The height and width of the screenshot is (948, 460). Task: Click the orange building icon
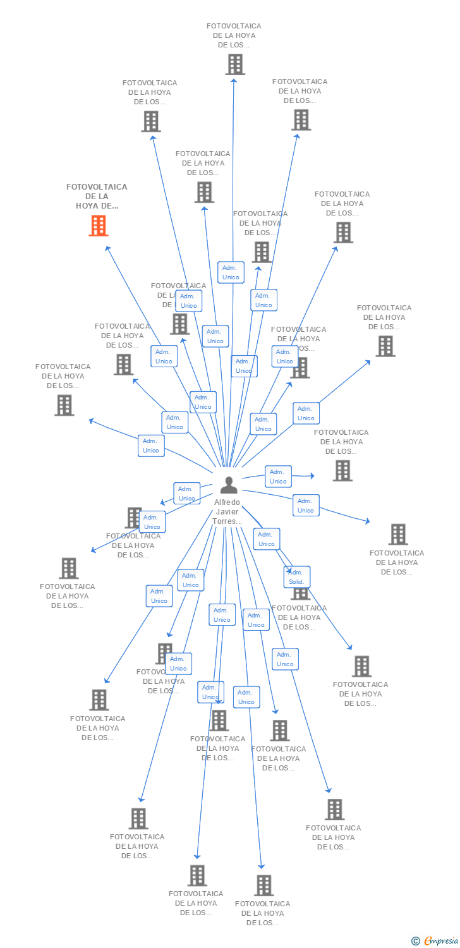pyautogui.click(x=98, y=226)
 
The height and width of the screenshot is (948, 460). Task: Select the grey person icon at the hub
pyautogui.click(x=229, y=485)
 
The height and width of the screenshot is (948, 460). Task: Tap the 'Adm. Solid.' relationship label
pyautogui.click(x=296, y=577)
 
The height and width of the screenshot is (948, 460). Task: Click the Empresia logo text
pyautogui.click(x=440, y=941)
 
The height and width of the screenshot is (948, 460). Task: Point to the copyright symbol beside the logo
pyautogui.click(x=415, y=941)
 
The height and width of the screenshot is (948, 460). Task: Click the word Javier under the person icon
pyautogui.click(x=227, y=512)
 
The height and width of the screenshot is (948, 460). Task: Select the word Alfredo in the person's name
pyautogui.click(x=227, y=502)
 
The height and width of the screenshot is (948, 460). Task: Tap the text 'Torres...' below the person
pyautogui.click(x=227, y=521)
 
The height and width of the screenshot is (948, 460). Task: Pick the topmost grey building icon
pyautogui.click(x=235, y=64)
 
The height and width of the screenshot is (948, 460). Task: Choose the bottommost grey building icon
pyautogui.click(x=263, y=885)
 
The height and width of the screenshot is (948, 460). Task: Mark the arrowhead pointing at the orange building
pyautogui.click(x=107, y=248)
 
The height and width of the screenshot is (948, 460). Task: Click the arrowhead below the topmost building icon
pyautogui.click(x=234, y=80)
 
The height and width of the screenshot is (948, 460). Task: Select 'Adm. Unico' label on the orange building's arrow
pyautogui.click(x=164, y=356)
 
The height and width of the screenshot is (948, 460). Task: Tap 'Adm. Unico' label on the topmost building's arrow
pyautogui.click(x=231, y=272)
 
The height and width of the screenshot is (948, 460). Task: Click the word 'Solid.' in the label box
pyautogui.click(x=296, y=581)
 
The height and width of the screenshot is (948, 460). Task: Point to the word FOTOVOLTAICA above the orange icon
pyautogui.click(x=97, y=187)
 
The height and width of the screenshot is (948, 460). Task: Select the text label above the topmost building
pyautogui.click(x=234, y=35)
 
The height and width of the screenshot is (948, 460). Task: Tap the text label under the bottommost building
pyautogui.click(x=262, y=913)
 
